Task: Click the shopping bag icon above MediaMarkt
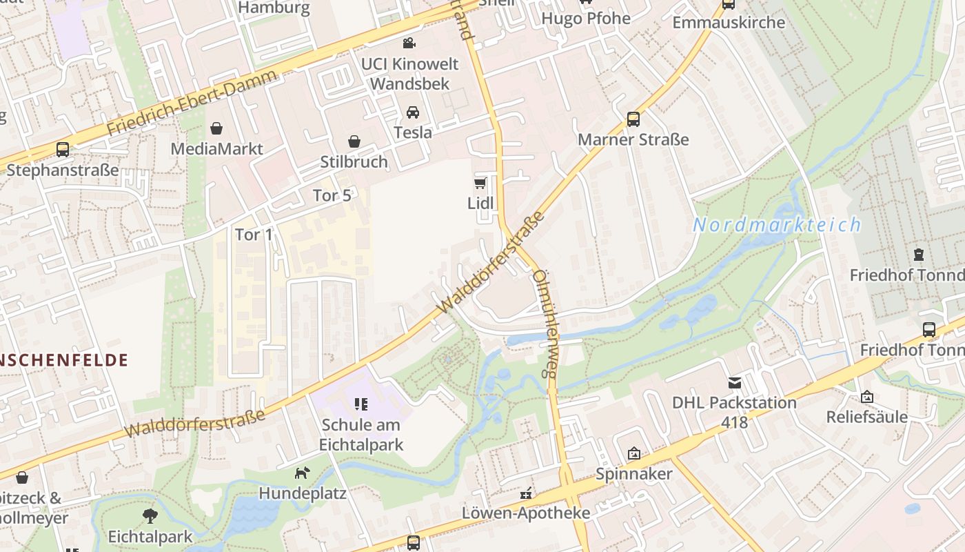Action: (x=216, y=128)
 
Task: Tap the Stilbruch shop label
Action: (x=354, y=161)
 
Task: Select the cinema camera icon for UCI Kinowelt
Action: (x=409, y=43)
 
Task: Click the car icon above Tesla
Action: (x=412, y=112)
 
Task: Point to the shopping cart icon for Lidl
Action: (x=480, y=184)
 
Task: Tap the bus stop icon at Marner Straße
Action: (x=633, y=119)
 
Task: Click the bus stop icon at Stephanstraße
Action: (x=63, y=150)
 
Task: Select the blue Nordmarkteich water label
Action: (x=777, y=225)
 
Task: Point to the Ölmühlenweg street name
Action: (x=545, y=322)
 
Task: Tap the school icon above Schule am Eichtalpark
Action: (x=361, y=404)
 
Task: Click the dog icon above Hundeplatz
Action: (x=302, y=473)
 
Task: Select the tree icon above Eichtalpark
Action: (x=150, y=516)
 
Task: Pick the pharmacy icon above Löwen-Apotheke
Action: (x=526, y=493)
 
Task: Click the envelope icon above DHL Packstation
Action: (x=735, y=382)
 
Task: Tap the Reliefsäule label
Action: (x=866, y=417)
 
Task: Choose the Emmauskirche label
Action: (x=729, y=22)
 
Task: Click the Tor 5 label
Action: (x=332, y=195)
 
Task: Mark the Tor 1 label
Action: (x=254, y=235)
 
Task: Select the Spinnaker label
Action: (x=633, y=474)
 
